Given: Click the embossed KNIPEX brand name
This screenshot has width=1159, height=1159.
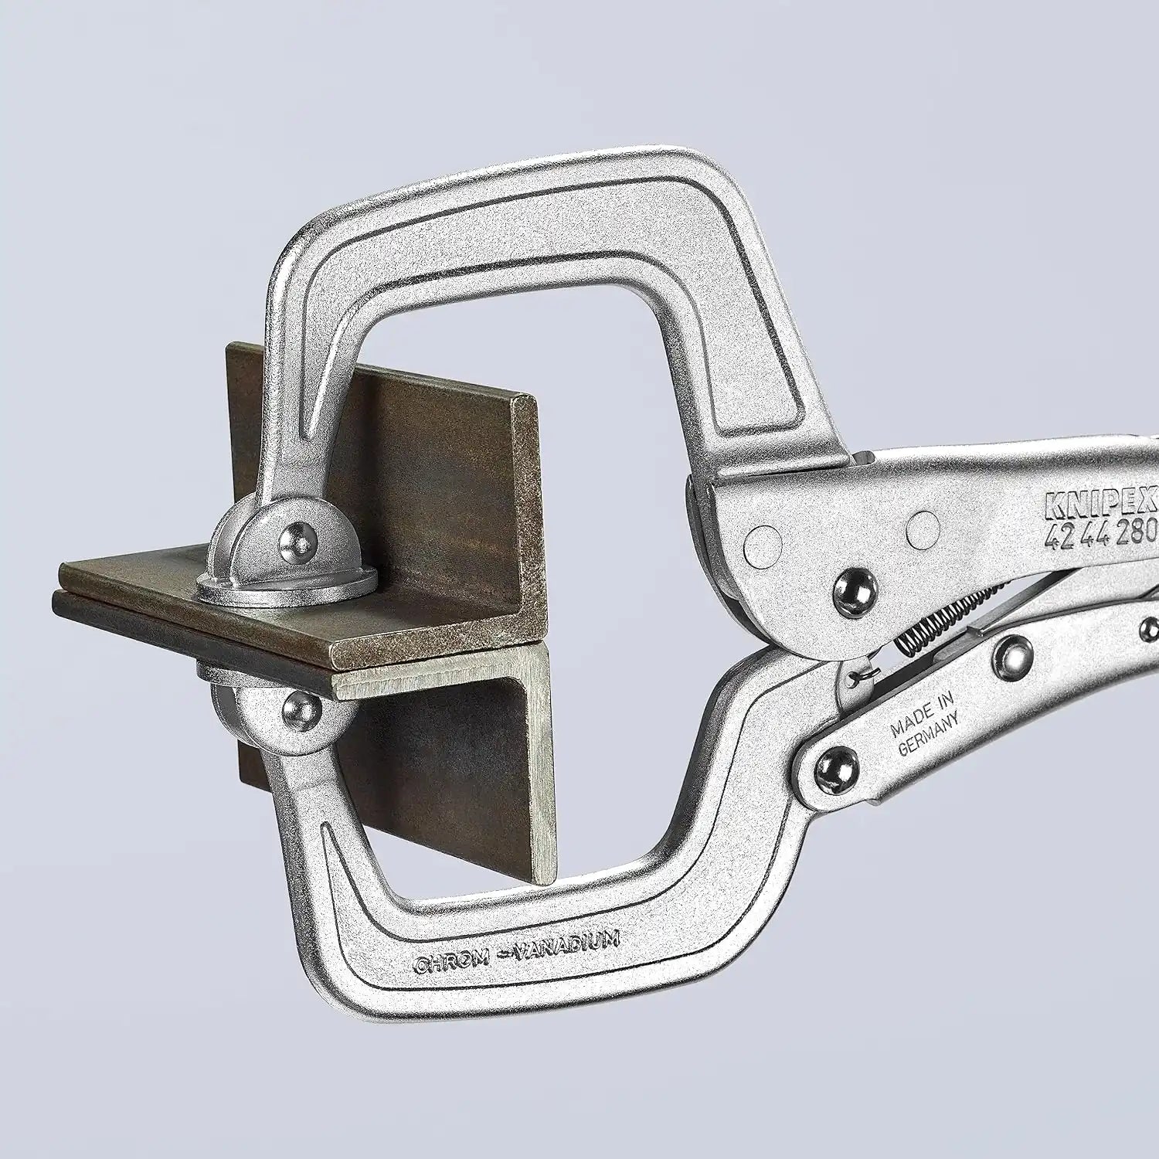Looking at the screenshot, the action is (x=1100, y=502).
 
